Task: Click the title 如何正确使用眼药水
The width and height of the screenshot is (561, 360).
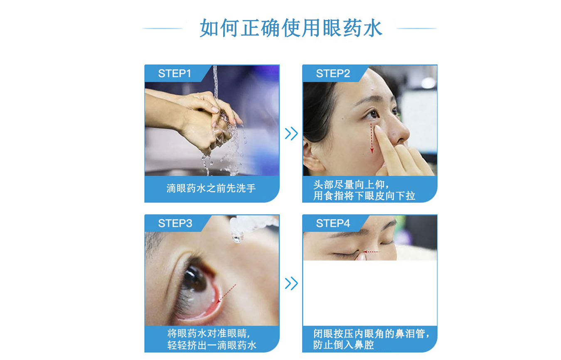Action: coord(290,28)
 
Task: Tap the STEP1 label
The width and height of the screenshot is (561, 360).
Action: coord(175,73)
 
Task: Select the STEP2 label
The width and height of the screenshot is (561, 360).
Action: coord(333,73)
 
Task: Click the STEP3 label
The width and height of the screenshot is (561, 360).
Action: coord(175,223)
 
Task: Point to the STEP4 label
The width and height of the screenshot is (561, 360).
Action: coord(333,223)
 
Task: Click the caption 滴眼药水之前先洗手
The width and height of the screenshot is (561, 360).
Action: coord(211,189)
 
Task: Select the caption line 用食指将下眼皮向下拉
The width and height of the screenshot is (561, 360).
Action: coord(364,196)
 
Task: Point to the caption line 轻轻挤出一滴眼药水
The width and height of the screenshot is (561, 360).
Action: coord(212,345)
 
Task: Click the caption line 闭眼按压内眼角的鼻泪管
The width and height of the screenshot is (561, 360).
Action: coord(371,333)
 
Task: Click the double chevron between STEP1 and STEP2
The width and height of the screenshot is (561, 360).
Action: coord(291,134)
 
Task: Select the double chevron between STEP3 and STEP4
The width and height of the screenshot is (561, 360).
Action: coord(291,284)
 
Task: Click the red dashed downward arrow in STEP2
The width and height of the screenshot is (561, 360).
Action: coord(372,137)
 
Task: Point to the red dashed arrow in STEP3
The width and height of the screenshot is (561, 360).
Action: coord(226,294)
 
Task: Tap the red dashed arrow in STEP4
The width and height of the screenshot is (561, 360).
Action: coord(371,252)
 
